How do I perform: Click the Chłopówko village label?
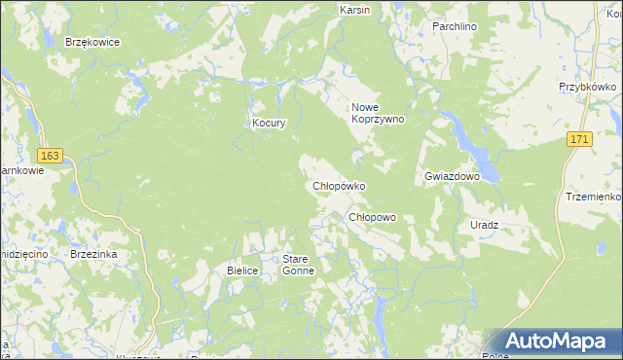click(338, 186)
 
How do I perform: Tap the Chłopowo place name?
click(372, 217)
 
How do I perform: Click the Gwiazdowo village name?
click(453, 176)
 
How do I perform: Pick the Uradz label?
click(484, 225)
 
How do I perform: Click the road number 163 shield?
click(51, 156)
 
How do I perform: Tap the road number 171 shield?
click(580, 140)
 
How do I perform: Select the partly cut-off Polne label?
click(496, 355)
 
